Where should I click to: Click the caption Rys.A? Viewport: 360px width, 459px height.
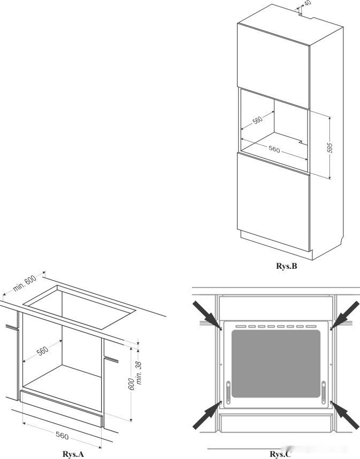click(73, 454)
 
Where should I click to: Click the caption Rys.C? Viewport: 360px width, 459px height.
click(280, 454)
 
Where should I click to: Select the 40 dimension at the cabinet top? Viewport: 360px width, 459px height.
click(307, 3)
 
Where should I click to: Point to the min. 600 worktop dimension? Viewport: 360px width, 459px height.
click(22, 286)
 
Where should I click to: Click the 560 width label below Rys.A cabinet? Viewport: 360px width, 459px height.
click(62, 436)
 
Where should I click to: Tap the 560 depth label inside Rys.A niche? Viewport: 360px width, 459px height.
click(42, 351)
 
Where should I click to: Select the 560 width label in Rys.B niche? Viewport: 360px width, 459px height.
click(274, 150)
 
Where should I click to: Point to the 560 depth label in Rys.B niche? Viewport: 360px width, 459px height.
click(257, 120)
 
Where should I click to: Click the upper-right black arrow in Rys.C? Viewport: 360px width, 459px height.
click(345, 314)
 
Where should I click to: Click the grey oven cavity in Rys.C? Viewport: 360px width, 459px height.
click(276, 363)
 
